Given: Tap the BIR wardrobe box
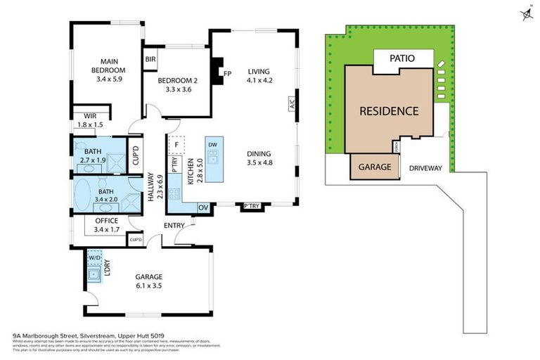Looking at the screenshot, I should (x=150, y=60).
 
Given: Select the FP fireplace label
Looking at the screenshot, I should (x=227, y=73).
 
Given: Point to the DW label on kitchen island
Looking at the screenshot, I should (x=212, y=144).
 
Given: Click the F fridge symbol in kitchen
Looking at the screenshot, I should (x=176, y=146).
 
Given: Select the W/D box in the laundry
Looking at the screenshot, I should (x=95, y=258).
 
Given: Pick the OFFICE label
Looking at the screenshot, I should (x=106, y=221).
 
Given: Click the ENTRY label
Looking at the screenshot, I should (x=174, y=224).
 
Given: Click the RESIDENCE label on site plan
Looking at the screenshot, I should (x=389, y=110).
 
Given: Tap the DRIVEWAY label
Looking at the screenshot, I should (x=425, y=168).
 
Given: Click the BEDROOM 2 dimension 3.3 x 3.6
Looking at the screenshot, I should (x=176, y=89).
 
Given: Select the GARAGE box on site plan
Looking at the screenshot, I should (x=375, y=168).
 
